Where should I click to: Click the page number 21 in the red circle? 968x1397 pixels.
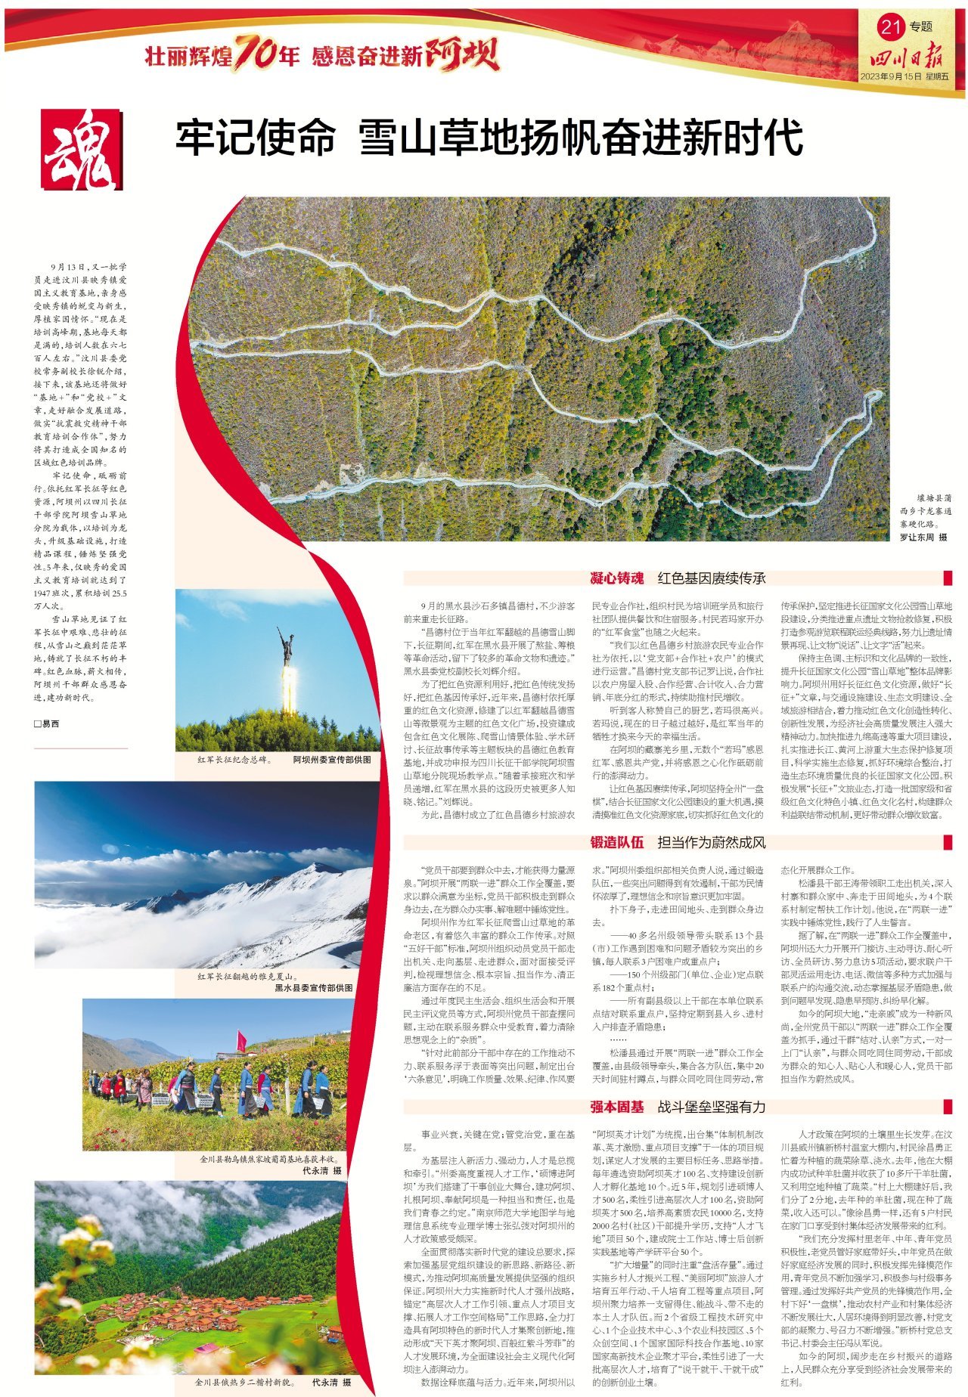pos(889,27)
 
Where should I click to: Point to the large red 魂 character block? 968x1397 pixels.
pos(82,149)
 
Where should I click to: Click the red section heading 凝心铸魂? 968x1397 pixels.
pos(616,578)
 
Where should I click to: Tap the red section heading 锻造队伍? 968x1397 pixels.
pos(616,842)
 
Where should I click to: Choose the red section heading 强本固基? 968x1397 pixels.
pos(616,1107)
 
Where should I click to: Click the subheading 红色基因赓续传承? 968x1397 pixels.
pos(712,578)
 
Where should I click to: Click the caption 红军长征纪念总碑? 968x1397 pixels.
pos(234,759)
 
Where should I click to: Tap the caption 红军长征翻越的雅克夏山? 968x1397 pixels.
pos(242,977)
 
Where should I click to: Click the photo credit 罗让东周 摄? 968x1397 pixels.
pos(923,537)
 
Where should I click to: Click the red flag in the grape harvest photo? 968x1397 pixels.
pos(241,1041)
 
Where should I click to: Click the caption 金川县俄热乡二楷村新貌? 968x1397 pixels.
pos(244,1381)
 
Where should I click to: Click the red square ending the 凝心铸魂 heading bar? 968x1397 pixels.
pos(948,578)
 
